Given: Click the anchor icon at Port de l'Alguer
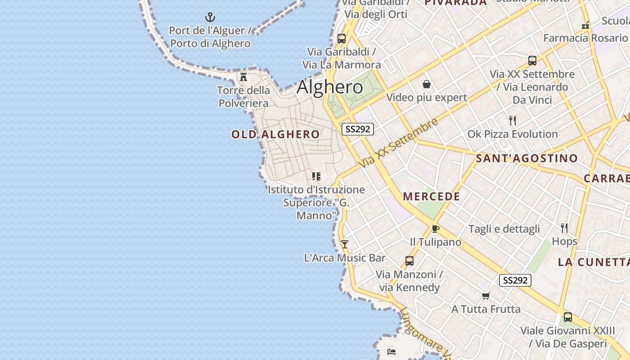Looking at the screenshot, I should click(210, 18).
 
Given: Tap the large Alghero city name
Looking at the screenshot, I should click(330, 87).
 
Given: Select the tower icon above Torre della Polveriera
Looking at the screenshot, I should click(243, 77).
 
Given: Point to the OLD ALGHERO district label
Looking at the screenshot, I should click(275, 134).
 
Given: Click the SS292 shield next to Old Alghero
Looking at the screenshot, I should click(358, 129).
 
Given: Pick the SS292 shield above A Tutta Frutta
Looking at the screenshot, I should click(515, 280).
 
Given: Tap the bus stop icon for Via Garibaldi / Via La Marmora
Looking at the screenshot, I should click(342, 38).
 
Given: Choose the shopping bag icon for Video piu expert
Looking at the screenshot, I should click(426, 84).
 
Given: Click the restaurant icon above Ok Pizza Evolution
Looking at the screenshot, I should click(512, 121).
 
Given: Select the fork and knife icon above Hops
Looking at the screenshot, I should click(564, 228).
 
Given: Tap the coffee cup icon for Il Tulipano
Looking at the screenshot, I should click(435, 229).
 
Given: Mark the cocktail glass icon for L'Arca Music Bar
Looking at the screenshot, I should click(345, 244).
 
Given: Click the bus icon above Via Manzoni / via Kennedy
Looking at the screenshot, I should click(409, 261).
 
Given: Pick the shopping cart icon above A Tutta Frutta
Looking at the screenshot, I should click(486, 296).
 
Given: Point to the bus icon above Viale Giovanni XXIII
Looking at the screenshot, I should click(568, 317).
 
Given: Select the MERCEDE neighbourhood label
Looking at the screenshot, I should click(432, 196).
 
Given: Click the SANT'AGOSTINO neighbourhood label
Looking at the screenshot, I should click(527, 158).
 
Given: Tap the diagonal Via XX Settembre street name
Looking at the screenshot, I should click(399, 143).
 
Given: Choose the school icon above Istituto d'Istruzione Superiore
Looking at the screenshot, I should click(316, 176).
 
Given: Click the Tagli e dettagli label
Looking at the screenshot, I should click(504, 229).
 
